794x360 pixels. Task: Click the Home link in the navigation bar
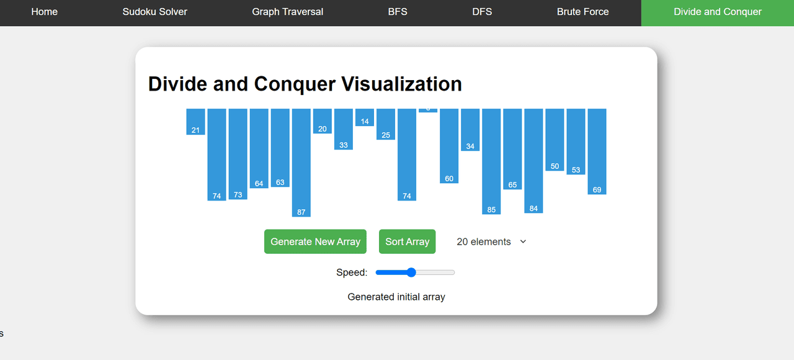tap(44, 12)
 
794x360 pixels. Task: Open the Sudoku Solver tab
tap(154, 12)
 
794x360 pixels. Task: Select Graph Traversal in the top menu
tap(287, 12)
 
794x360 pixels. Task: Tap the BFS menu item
tap(398, 12)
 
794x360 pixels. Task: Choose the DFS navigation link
tap(482, 12)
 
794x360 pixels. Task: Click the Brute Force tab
tap(582, 12)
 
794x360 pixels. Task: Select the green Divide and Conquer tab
tap(717, 12)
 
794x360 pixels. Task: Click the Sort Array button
tap(407, 241)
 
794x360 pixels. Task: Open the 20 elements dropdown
tap(491, 241)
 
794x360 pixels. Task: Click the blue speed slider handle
tap(411, 272)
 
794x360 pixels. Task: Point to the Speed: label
tap(352, 272)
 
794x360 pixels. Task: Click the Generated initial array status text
tap(396, 297)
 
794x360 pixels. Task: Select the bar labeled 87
tap(301, 163)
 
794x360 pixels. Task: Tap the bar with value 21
tap(195, 121)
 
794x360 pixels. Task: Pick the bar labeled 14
tap(365, 117)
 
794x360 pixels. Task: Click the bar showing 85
tap(491, 161)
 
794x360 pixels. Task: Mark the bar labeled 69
tap(597, 151)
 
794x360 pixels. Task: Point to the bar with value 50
tap(555, 140)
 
